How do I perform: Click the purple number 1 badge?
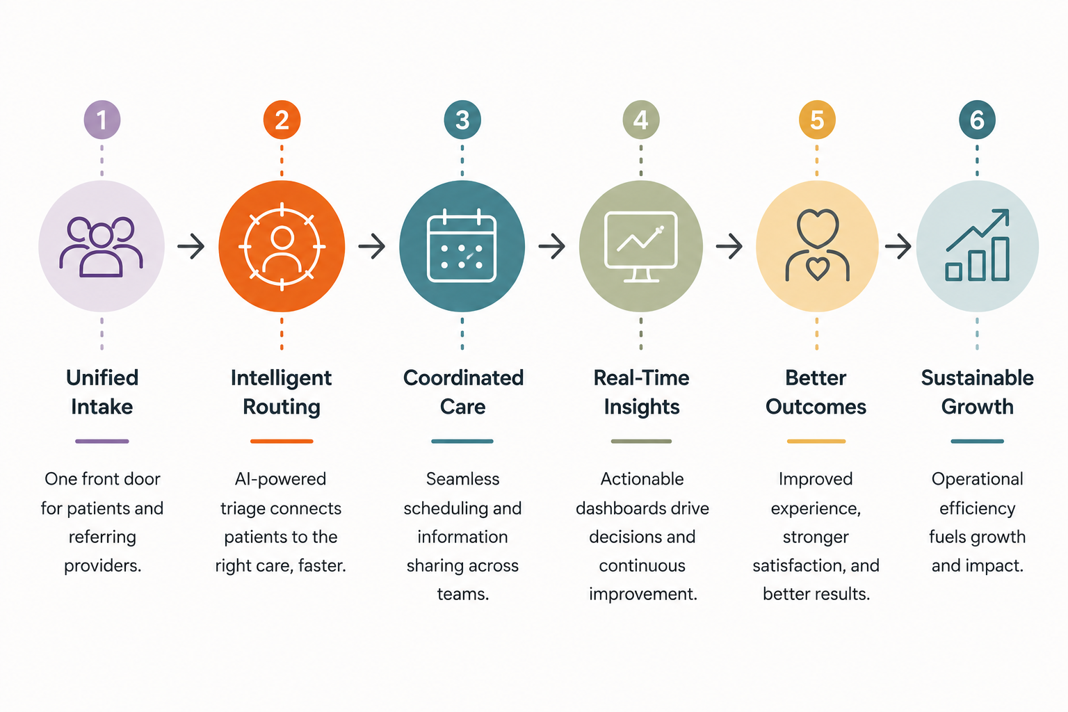(102, 120)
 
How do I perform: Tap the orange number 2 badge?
(282, 120)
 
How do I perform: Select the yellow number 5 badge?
(817, 120)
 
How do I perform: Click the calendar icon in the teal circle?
(462, 245)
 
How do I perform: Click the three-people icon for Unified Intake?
(101, 247)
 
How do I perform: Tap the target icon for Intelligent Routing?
(282, 247)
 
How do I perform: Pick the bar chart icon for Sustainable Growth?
(978, 245)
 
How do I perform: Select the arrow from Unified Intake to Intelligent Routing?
(191, 246)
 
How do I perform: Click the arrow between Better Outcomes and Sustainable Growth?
(898, 246)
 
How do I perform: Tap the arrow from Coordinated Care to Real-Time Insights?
(551, 246)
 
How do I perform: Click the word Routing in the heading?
(282, 407)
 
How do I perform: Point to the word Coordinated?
(464, 378)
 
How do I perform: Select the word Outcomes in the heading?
(816, 407)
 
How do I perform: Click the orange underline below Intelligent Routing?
(282, 441)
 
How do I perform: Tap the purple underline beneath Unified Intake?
(102, 441)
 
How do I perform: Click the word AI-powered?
(280, 479)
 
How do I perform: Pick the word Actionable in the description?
(642, 479)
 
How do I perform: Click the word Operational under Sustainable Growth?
(978, 479)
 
